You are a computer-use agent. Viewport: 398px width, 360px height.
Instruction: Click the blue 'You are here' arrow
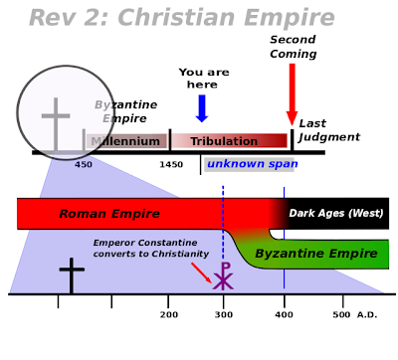point(202,108)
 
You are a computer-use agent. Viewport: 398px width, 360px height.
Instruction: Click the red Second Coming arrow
point(292,94)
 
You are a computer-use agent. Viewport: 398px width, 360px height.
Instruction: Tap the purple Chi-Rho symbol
point(223,275)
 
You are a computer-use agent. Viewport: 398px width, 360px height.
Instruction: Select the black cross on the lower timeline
point(72,275)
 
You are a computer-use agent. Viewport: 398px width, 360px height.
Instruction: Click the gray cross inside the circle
point(56,124)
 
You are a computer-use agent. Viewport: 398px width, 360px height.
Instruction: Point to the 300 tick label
point(224,314)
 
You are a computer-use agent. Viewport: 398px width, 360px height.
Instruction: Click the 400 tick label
point(284,314)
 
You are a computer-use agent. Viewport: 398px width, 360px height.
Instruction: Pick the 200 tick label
point(169,314)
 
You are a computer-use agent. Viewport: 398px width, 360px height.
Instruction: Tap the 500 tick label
point(341,314)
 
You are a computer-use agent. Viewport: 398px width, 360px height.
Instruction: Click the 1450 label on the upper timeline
point(171,164)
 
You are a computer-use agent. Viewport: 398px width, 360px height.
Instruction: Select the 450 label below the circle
point(84,164)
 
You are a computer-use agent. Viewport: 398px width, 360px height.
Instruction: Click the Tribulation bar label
point(224,141)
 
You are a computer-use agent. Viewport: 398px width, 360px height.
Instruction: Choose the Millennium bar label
point(125,141)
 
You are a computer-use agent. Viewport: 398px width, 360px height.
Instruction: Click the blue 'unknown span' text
point(253,164)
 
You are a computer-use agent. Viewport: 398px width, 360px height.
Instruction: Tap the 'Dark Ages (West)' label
point(336,213)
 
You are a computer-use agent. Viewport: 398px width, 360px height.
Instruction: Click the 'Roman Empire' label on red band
point(109,214)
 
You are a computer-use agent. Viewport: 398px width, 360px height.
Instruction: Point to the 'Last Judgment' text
point(329,130)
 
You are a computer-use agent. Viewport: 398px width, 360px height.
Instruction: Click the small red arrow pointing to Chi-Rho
point(201,272)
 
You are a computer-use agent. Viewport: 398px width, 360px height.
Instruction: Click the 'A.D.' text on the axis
point(367,314)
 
